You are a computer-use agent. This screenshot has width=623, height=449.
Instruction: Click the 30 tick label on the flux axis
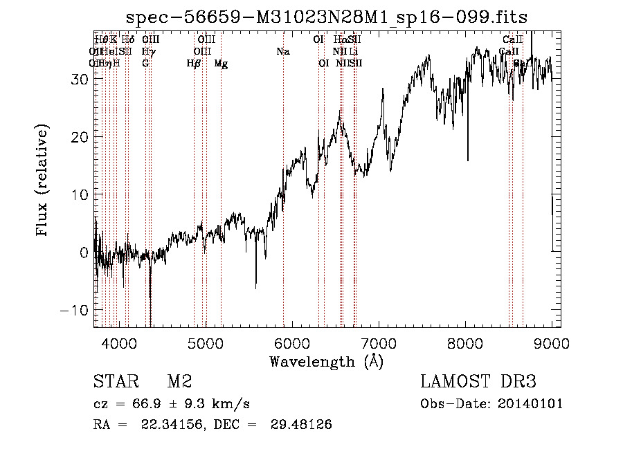click(78, 79)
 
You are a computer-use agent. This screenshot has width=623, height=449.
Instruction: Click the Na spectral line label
click(282, 52)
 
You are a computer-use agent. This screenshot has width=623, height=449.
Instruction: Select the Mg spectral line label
click(221, 64)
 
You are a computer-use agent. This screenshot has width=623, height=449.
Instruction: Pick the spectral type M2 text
click(179, 382)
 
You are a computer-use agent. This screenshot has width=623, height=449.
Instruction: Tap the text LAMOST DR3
click(478, 382)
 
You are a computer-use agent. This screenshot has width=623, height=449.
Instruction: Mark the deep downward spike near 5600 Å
click(256, 285)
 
